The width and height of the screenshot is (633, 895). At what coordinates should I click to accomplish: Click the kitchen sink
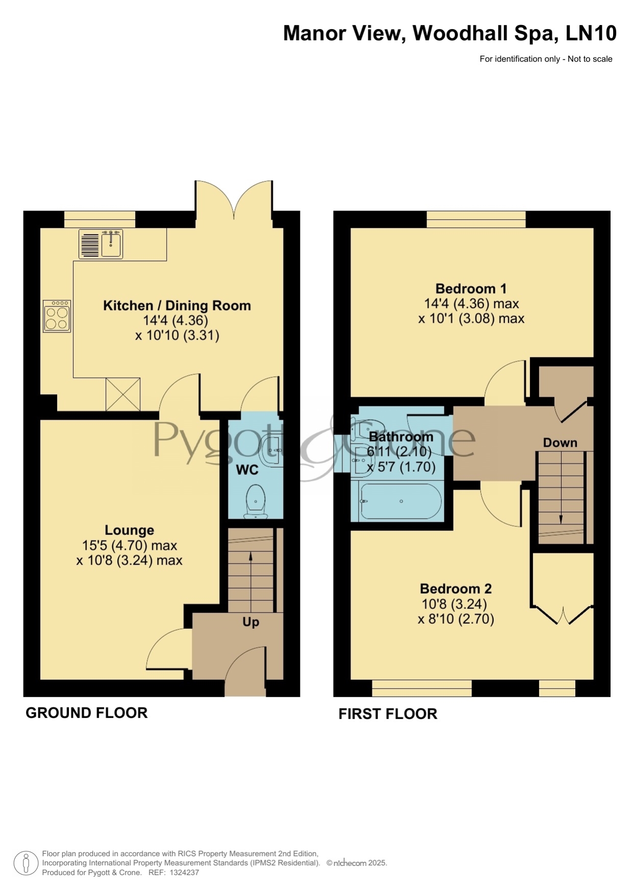[101, 244]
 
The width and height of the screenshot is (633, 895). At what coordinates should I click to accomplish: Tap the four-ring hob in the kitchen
[57, 316]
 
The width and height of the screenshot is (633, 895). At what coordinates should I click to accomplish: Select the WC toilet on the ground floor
[256, 500]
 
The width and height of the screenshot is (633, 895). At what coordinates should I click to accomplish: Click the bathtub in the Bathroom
[401, 501]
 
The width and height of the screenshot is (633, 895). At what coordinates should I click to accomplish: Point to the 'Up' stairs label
[250, 622]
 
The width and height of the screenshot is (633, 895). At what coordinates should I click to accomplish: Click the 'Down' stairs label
[560, 443]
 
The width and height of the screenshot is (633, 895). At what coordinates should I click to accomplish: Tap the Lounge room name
[130, 530]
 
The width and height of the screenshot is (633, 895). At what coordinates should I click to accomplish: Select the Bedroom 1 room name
[471, 289]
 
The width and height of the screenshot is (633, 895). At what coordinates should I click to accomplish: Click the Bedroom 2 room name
[455, 589]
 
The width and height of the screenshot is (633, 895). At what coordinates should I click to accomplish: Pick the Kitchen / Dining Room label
[177, 305]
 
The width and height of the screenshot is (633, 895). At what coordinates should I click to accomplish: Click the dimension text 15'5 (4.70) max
[130, 546]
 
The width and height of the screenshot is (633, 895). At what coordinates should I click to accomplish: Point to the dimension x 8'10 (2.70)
[456, 619]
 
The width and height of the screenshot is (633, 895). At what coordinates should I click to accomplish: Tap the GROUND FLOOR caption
[87, 713]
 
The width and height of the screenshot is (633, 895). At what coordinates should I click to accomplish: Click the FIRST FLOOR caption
[388, 714]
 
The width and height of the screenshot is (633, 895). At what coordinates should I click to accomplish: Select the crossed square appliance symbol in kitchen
[123, 394]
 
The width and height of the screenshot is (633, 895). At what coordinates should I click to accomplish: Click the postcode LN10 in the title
[591, 33]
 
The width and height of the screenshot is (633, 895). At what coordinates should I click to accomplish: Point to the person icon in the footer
[25, 863]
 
